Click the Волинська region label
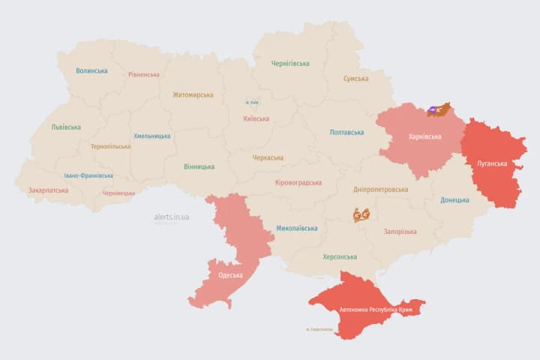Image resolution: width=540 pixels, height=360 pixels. click(x=91, y=71)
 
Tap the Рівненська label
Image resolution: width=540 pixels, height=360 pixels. click(x=143, y=75)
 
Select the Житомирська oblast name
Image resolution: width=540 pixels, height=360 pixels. click(x=193, y=95)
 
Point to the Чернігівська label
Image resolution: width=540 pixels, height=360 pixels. click(x=290, y=64)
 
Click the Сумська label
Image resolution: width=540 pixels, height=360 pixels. click(x=355, y=79)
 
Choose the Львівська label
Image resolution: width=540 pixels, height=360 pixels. click(x=66, y=127)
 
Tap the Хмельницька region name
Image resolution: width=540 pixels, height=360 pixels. click(x=151, y=136)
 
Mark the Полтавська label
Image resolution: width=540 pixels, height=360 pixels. click(x=347, y=133)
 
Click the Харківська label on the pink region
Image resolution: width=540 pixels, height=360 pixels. click(x=424, y=137)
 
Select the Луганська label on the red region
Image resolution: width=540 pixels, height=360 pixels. click(x=492, y=163)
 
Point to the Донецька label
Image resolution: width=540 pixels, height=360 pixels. click(x=454, y=200)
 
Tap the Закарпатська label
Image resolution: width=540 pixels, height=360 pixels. click(x=48, y=190)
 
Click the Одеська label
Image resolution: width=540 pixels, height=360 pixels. click(x=230, y=275)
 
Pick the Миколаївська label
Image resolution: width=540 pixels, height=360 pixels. click(x=296, y=228)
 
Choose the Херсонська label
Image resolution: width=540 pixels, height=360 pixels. click(x=339, y=256)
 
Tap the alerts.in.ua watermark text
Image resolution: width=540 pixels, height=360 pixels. click(x=172, y=217)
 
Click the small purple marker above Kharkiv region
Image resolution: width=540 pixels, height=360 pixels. click(x=433, y=110)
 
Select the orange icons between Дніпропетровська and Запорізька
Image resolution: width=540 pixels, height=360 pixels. click(x=361, y=214)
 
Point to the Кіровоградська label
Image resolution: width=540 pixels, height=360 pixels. click(x=298, y=183)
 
